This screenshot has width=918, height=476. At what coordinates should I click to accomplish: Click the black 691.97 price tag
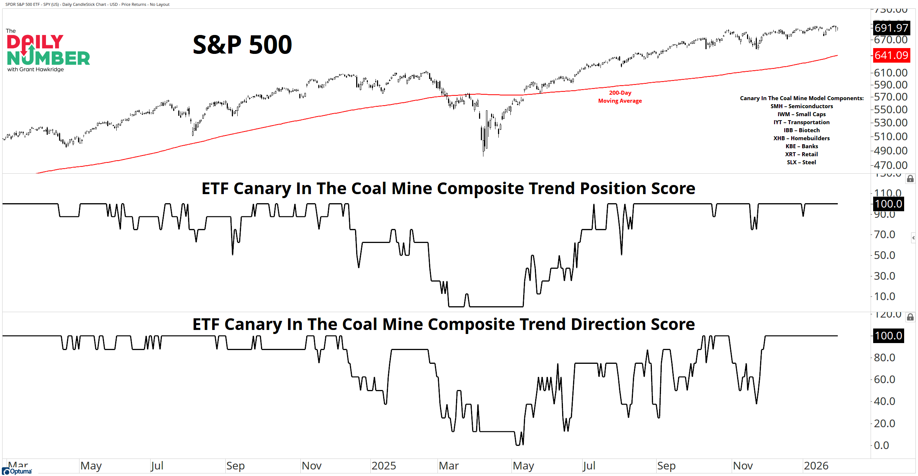[891, 28]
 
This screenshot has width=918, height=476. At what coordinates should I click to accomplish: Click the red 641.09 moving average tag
[891, 55]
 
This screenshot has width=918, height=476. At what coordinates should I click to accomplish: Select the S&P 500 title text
[242, 45]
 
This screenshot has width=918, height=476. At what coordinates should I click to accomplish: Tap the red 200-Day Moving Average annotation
[620, 97]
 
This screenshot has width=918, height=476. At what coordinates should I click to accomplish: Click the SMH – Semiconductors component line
[801, 106]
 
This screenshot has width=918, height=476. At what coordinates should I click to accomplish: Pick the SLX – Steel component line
[801, 162]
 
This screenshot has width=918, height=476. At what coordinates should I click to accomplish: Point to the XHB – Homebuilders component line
[801, 138]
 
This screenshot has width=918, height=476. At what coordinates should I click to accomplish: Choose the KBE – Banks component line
[801, 146]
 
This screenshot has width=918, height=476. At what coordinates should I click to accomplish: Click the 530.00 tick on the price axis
[890, 123]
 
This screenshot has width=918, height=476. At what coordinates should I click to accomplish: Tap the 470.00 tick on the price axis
[890, 165]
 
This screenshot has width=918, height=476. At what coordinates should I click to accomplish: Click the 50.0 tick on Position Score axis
[884, 255]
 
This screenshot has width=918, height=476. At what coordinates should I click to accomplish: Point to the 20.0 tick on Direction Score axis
[884, 424]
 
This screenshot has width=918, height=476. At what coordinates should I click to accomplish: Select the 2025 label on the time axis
[384, 466]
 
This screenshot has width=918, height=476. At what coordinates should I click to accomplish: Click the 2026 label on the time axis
[816, 466]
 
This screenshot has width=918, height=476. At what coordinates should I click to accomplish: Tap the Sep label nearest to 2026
[666, 466]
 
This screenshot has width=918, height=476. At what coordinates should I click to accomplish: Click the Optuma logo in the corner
[17, 471]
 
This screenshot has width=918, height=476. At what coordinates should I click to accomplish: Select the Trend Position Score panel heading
[448, 189]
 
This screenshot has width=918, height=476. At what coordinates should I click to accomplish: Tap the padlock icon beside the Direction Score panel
[910, 317]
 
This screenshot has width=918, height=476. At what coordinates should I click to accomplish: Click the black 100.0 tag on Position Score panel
[888, 204]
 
